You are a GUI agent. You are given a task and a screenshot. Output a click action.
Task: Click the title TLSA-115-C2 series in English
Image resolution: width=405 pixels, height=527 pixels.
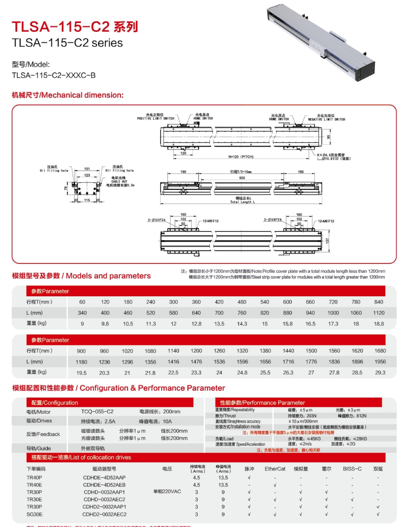(x=67, y=43)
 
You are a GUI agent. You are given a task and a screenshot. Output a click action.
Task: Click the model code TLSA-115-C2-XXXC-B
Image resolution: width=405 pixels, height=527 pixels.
(x=54, y=75)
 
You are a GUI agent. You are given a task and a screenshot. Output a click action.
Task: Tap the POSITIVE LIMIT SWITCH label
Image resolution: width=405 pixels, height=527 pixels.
(x=156, y=119)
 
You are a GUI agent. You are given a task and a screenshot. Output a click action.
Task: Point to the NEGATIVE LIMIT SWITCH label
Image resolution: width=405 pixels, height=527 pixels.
(x=326, y=119)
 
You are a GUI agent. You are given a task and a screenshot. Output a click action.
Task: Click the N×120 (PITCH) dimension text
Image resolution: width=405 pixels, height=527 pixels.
(x=241, y=157)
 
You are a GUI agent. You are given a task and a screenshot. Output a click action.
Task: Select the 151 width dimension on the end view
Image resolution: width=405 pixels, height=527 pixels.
(x=87, y=169)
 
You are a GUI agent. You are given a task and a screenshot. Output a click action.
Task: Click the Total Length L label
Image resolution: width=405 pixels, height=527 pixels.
(x=242, y=202)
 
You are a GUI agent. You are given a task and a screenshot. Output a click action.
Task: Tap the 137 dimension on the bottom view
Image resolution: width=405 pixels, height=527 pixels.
(x=327, y=241)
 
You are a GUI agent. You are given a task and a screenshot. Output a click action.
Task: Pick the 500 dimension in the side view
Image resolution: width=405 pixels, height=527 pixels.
(x=242, y=178)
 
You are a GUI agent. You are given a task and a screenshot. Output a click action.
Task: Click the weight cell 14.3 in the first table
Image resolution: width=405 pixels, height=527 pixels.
(x=242, y=324)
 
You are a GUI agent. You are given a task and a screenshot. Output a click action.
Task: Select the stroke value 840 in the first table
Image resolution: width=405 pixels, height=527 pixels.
(x=379, y=302)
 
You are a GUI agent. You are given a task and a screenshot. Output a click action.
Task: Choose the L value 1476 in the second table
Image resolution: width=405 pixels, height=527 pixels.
(x=196, y=362)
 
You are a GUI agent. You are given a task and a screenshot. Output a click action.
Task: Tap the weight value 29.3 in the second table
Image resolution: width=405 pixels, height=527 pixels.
(x=380, y=373)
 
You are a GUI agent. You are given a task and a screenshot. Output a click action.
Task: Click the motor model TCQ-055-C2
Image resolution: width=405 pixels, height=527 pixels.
(x=97, y=411)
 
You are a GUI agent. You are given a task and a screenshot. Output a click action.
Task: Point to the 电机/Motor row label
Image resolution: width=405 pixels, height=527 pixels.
(x=38, y=412)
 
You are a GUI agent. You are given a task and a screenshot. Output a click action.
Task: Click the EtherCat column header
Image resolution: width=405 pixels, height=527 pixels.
(x=275, y=469)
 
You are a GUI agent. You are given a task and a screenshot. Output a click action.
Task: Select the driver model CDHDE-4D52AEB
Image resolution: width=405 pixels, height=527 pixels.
(x=104, y=485)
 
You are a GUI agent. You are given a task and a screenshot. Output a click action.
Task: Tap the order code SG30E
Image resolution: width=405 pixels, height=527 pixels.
(x=34, y=514)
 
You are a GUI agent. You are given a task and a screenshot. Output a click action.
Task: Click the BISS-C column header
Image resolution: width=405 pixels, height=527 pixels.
(x=352, y=469)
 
